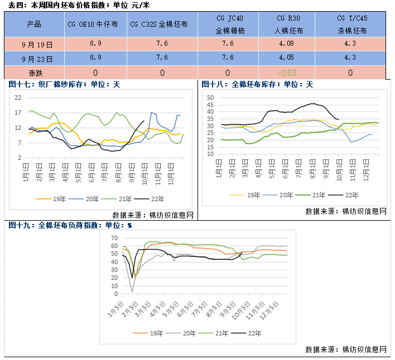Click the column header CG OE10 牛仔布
pyautogui.click(x=96, y=25)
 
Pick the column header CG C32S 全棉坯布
pyautogui.click(x=162, y=25)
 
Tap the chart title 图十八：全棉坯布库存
pyautogui.click(x=257, y=85)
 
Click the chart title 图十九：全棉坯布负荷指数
pyautogui.click(x=70, y=226)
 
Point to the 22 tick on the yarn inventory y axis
pyautogui.click(x=18, y=98)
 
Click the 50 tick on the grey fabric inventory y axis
pyautogui.click(x=210, y=98)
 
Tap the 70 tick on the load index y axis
pyautogui.click(x=114, y=238)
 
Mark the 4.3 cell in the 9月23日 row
pyautogui.click(x=350, y=57)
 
